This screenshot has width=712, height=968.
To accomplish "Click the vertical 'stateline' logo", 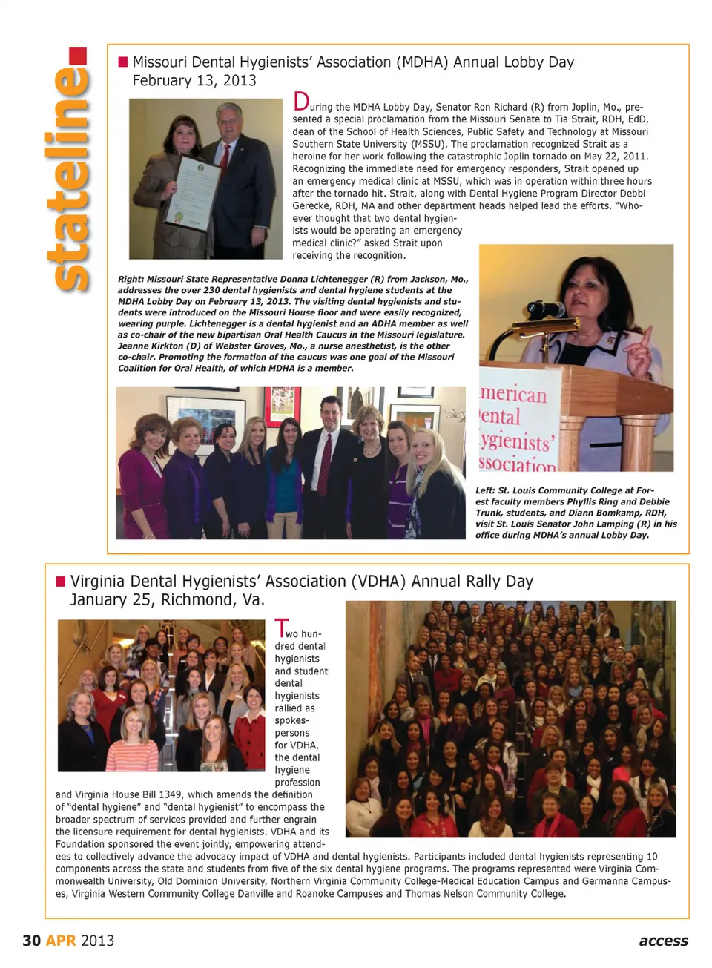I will [x=68, y=171].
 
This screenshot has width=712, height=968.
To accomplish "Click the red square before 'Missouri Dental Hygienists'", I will [x=123, y=62].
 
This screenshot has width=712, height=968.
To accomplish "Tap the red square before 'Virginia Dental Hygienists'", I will [x=61, y=581].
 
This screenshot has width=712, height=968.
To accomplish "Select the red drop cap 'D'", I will [x=300, y=102].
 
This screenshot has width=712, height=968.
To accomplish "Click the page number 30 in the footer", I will [x=31, y=941].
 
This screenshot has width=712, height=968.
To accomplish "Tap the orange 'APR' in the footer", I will [x=61, y=941].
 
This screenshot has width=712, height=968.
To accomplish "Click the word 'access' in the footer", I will [x=663, y=941].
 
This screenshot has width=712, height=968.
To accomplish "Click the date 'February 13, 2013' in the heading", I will [x=194, y=81].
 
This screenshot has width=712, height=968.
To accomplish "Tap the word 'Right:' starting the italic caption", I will [x=131, y=280].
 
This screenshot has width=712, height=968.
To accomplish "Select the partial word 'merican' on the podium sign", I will [x=513, y=395].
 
